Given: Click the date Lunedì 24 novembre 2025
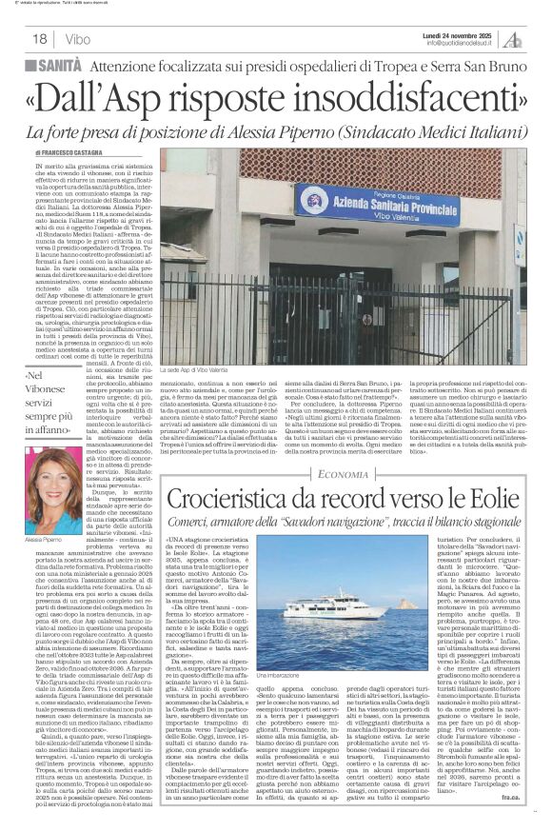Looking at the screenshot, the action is click(457, 33).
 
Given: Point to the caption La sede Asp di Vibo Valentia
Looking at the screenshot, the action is click(282, 366).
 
